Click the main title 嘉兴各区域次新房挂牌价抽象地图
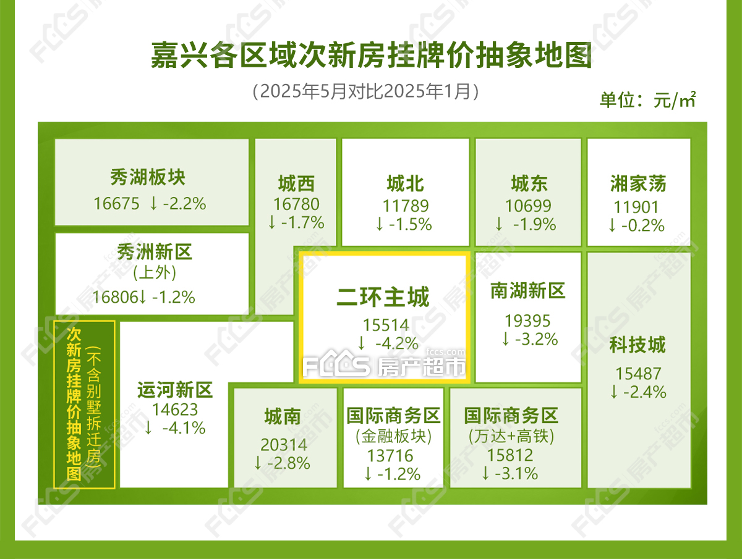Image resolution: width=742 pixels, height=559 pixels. pos(371,55)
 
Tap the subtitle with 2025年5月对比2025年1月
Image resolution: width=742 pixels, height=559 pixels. pos(366,91)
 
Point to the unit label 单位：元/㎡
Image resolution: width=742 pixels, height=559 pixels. pos(647,100)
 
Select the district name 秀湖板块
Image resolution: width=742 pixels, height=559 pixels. pos(148,177)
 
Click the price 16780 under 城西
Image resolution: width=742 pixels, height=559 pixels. pos(296,204)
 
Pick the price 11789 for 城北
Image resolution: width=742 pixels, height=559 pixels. pos(405,206)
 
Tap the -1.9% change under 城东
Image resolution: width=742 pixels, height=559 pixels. pos(534,224)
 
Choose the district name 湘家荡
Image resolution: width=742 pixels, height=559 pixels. pos(638,183)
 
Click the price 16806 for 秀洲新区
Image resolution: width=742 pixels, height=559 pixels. pos(115,297)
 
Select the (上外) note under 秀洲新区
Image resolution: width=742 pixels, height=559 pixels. pos(155,273)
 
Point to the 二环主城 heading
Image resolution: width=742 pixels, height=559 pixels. pos(383,297)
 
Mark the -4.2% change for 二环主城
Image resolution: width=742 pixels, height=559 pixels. pos(397,343)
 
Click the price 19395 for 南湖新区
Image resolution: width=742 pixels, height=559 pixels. pos(527,321)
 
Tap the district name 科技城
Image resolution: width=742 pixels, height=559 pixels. pos(638,345)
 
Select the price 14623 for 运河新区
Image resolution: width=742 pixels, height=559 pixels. pos(175,410)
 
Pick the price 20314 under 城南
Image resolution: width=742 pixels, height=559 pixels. pos(284,445)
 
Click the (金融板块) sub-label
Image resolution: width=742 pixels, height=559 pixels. pos(393,436)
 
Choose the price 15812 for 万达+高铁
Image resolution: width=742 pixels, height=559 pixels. pos(510,455)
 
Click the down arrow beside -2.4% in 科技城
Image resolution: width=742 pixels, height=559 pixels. pos(614,392)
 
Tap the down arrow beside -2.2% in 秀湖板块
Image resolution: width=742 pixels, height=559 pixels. pos(153,204)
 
